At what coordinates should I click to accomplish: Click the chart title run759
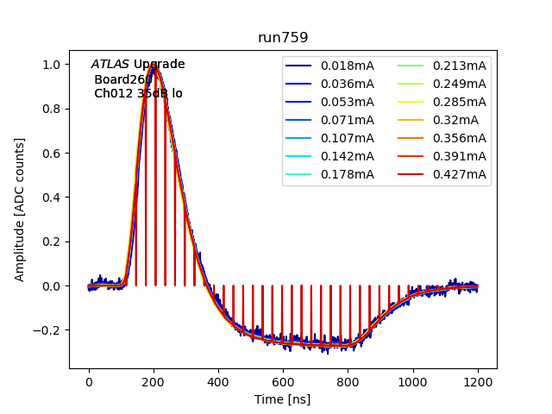pyautogui.click(x=283, y=38)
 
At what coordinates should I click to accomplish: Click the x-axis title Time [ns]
pyautogui.click(x=283, y=399)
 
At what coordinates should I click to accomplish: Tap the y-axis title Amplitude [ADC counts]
pyautogui.click(x=20, y=209)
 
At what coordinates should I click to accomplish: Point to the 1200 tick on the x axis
pyautogui.click(x=478, y=382)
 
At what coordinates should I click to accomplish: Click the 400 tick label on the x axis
pyautogui.click(x=218, y=382)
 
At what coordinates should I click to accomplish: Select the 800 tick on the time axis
pyautogui.click(x=348, y=382)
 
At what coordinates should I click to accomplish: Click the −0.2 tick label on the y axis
pyautogui.click(x=48, y=330)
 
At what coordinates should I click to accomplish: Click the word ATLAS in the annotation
pyautogui.click(x=110, y=65)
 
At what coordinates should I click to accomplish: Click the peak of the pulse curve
pyautogui.click(x=155, y=66)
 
